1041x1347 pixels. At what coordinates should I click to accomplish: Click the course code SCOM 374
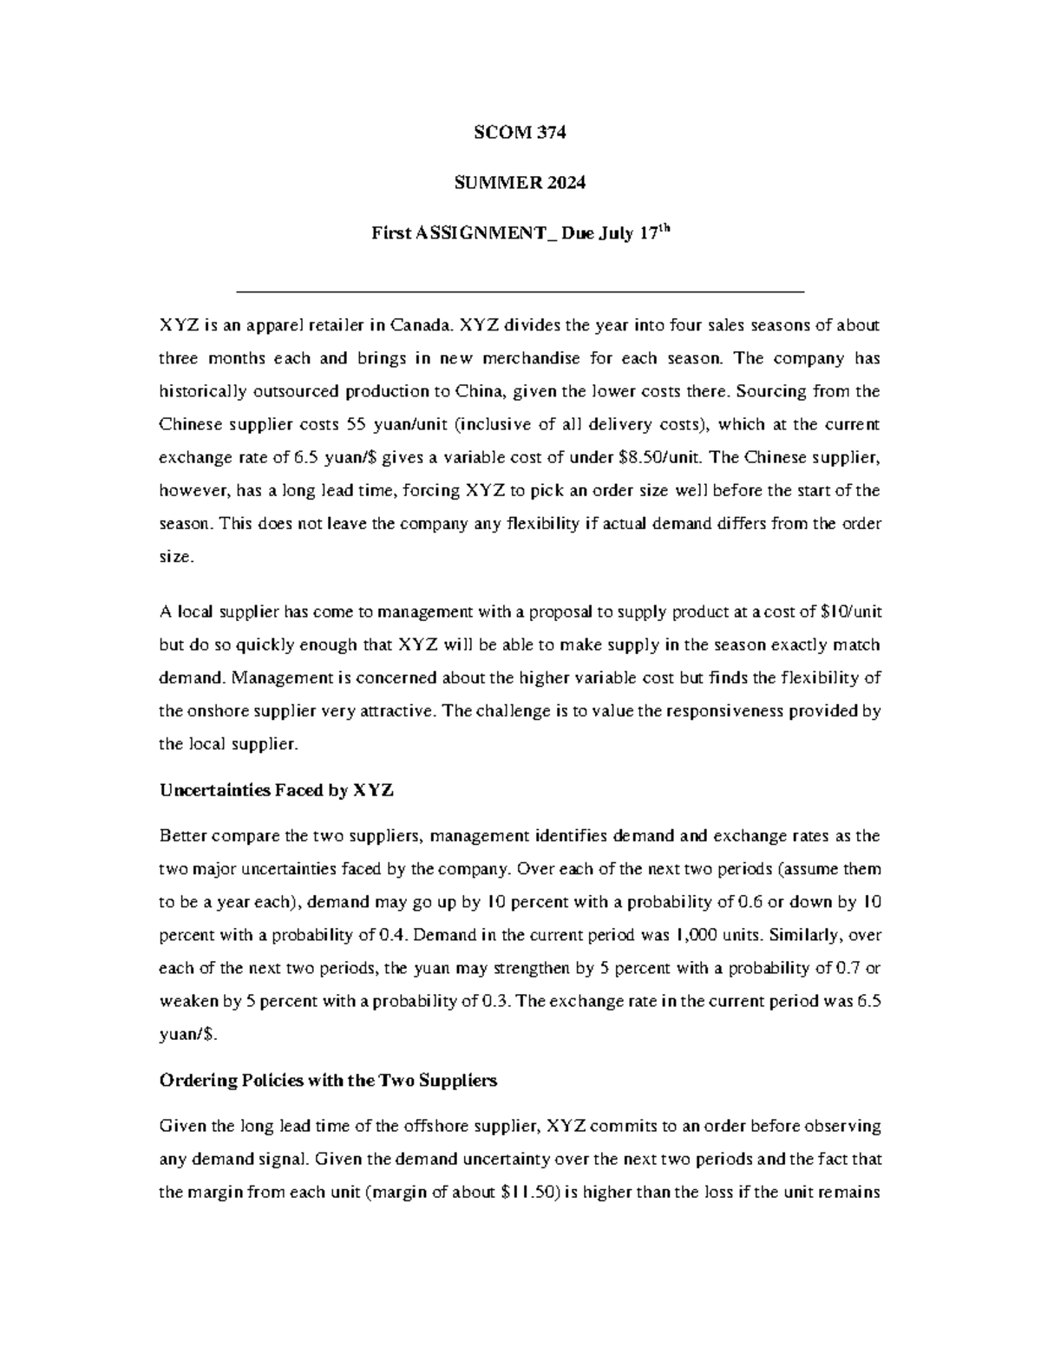point(520,133)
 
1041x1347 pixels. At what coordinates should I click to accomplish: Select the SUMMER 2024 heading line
point(520,182)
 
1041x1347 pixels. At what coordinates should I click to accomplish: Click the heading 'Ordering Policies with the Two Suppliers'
point(328,1081)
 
